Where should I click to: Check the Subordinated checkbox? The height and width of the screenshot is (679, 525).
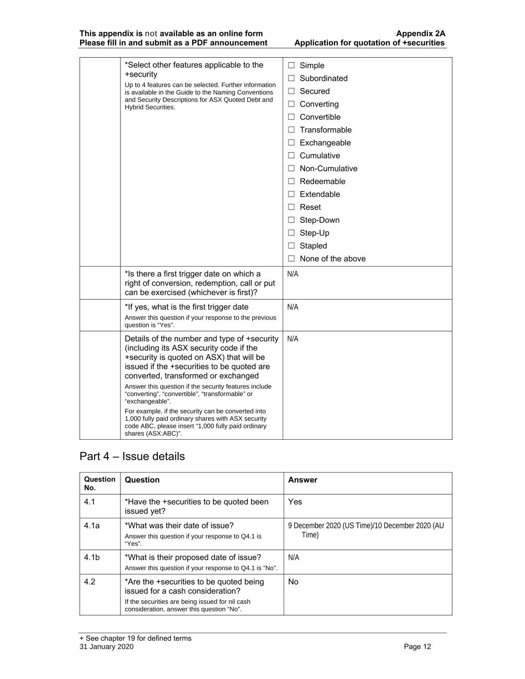pos(291,78)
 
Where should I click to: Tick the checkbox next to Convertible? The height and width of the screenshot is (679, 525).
pos(291,117)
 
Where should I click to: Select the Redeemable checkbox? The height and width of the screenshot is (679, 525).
pos(291,182)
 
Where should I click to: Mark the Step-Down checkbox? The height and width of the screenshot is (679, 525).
pos(291,220)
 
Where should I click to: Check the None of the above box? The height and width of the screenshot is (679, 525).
pos(291,259)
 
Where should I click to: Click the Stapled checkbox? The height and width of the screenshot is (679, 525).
pos(291,246)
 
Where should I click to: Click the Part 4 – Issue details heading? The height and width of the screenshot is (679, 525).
pos(132,456)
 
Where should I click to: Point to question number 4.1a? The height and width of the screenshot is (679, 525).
pos(92,525)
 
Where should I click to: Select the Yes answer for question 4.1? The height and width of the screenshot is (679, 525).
pos(295,501)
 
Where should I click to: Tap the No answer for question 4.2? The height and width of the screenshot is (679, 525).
pos(293,582)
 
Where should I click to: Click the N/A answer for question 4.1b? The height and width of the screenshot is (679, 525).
pos(294,557)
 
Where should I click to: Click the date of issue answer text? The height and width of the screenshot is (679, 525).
pos(365,530)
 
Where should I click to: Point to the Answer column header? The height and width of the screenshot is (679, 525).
pos(303,480)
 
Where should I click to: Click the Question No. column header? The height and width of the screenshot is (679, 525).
pos(100,483)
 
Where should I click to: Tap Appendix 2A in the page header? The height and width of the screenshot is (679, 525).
pos(420,33)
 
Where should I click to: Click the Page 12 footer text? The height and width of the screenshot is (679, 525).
pos(418,647)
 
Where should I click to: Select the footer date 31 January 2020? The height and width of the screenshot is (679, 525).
pos(106,647)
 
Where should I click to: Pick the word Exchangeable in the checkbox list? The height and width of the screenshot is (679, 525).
pos(325,143)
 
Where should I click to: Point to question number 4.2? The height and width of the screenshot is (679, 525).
pos(90,582)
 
